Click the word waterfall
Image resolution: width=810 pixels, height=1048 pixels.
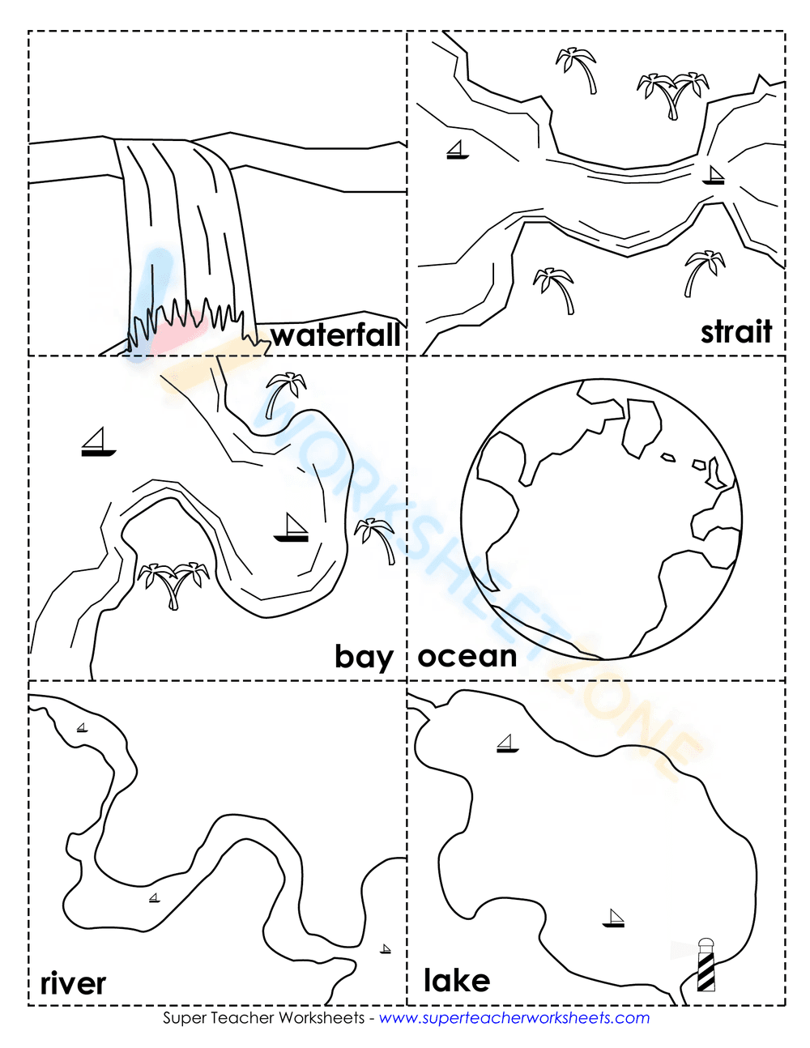pos(335,335)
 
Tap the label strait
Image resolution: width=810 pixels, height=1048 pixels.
pos(736,331)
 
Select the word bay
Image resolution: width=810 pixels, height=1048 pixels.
pos(364,657)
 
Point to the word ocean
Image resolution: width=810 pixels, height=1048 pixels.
pos(467,656)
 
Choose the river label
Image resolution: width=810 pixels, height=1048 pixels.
pos(73,983)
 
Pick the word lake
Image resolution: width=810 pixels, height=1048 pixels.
pos(457,981)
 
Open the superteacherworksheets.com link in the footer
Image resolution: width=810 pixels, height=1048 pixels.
pos(514,1018)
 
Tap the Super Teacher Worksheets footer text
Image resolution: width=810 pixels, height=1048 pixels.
pos(264,1018)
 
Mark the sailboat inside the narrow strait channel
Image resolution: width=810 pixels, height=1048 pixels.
pos(713,175)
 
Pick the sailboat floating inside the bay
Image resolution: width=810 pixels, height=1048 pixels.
pos(292,527)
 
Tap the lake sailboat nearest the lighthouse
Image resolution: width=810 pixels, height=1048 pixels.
pos(614,918)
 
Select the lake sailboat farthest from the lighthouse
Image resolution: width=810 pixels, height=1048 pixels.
pos(507,743)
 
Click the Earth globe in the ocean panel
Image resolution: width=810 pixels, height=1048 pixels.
pos(602,518)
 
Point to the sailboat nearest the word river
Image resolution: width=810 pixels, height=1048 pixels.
pos(154,897)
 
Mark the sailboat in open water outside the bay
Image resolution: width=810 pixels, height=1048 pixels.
pos(98,442)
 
